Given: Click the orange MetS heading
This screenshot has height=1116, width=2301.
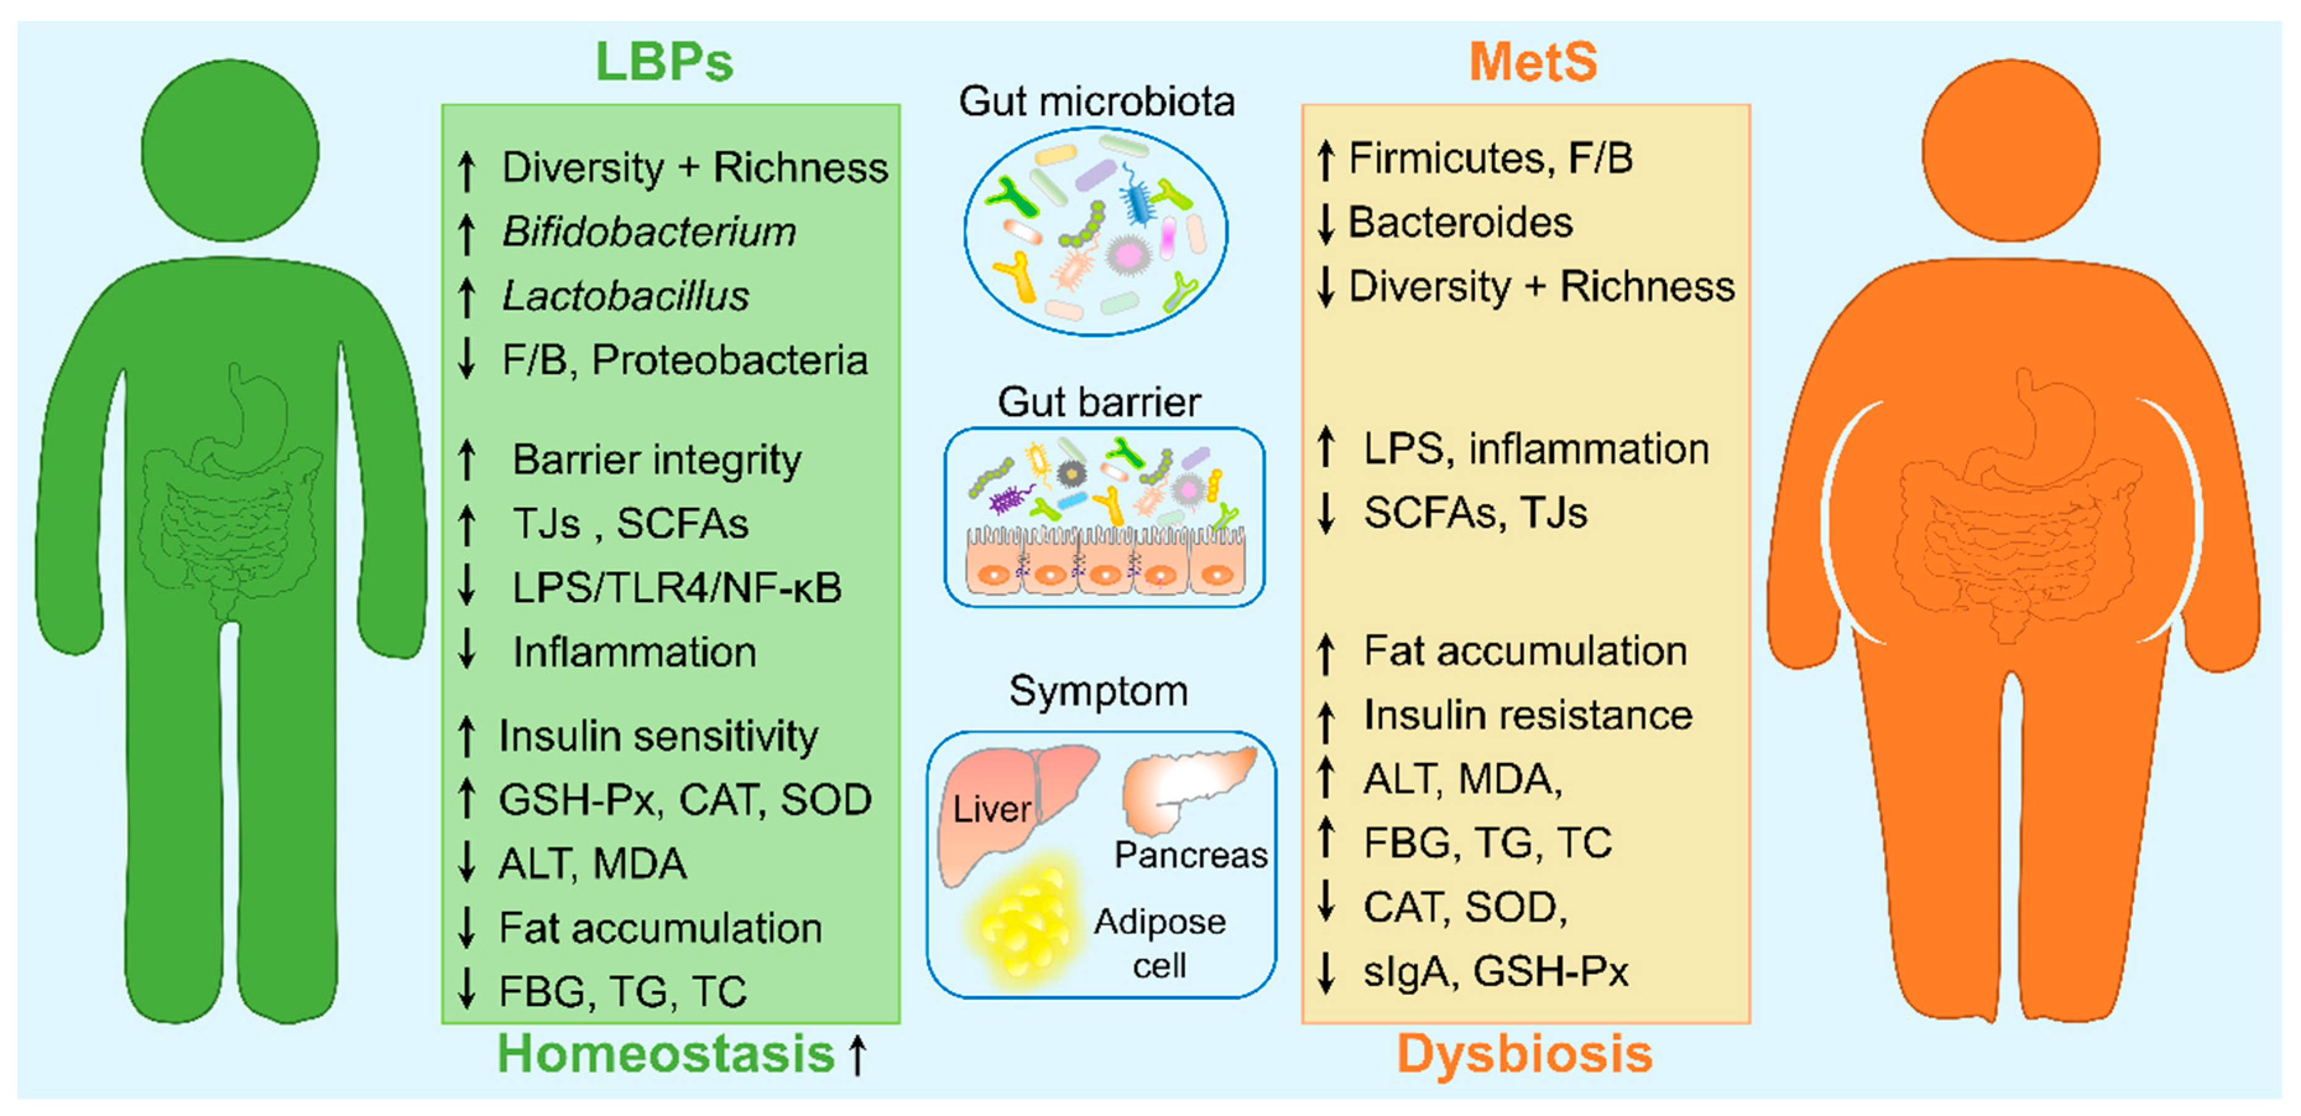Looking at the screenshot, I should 1533,62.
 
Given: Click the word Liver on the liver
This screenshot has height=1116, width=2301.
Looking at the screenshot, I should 991,810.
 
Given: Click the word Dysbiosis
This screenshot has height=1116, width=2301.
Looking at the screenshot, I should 1524,1054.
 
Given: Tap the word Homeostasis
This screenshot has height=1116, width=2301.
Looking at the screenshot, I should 665,1054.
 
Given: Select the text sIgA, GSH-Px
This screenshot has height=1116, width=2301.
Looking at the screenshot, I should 1495,972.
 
